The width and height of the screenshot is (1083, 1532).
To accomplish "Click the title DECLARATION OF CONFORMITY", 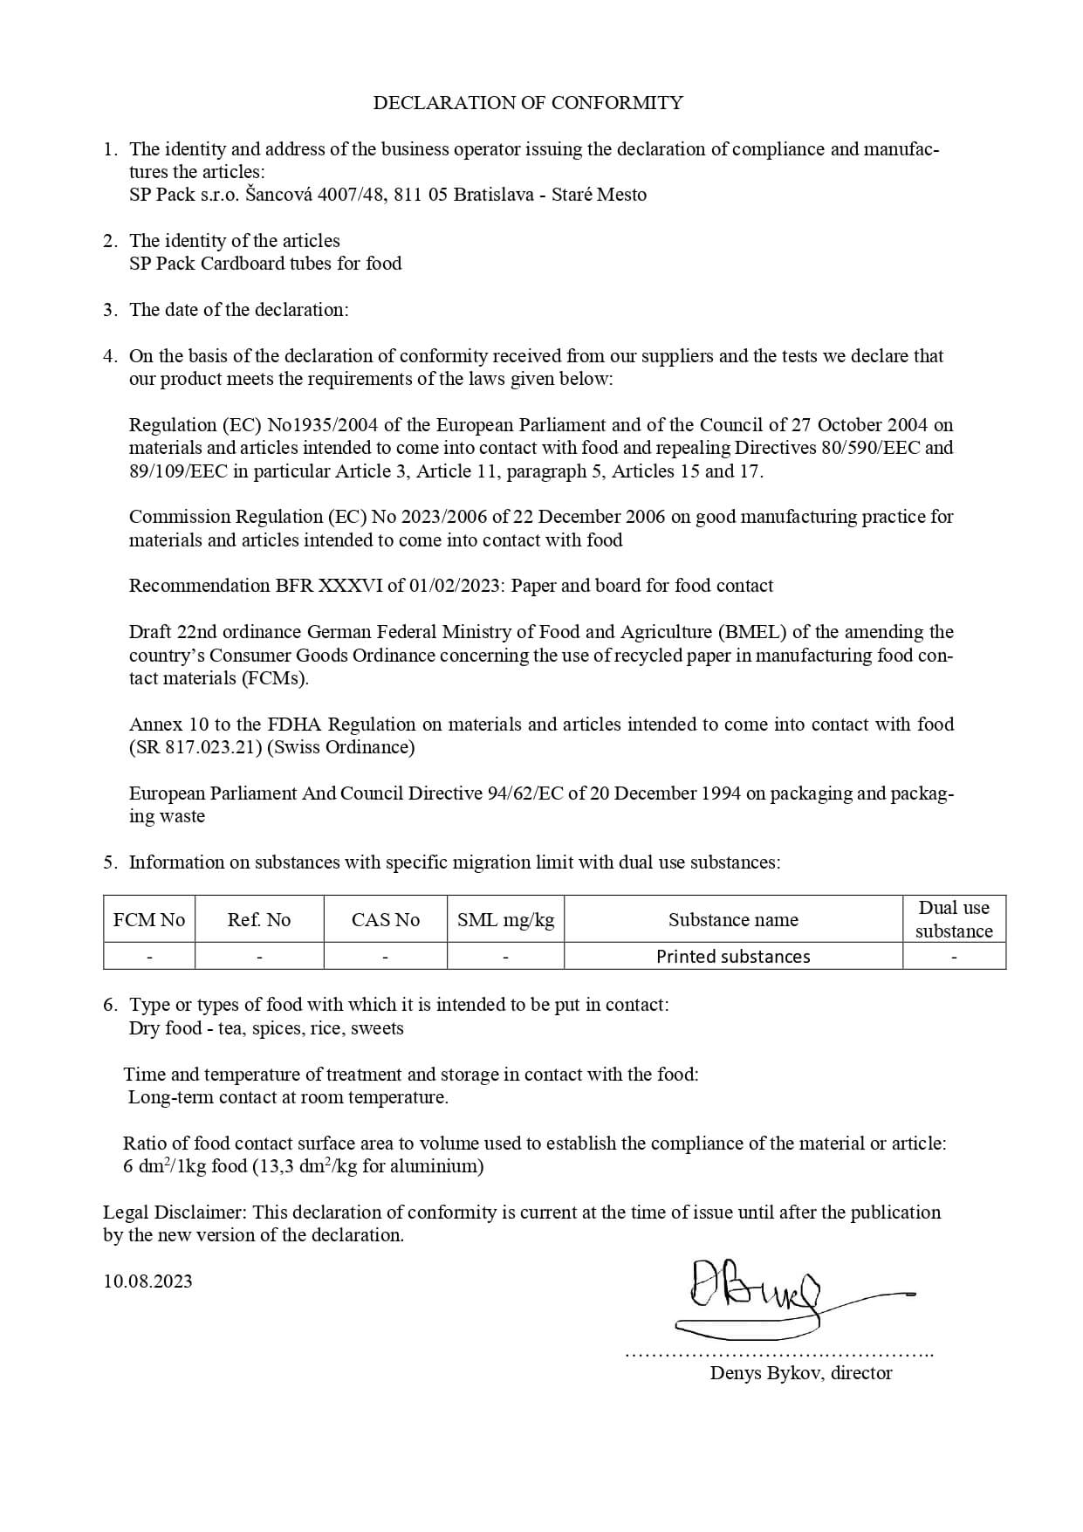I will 528,103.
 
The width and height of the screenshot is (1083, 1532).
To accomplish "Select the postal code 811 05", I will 421,195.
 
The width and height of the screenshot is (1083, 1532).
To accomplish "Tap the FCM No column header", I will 149,920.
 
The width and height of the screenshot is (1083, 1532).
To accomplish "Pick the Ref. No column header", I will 259,920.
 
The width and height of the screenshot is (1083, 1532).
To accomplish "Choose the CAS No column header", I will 385,920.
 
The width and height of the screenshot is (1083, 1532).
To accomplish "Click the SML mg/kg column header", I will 505,920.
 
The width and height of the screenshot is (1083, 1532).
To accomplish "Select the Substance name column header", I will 733,920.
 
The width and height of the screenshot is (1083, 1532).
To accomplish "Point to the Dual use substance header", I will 954,919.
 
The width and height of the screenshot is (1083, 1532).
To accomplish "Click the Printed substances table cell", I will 733,957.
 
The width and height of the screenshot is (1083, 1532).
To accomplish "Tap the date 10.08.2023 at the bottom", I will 147,1281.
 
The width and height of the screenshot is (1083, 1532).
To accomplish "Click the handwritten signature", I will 759,1297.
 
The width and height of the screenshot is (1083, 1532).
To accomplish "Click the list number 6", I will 110,1005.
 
